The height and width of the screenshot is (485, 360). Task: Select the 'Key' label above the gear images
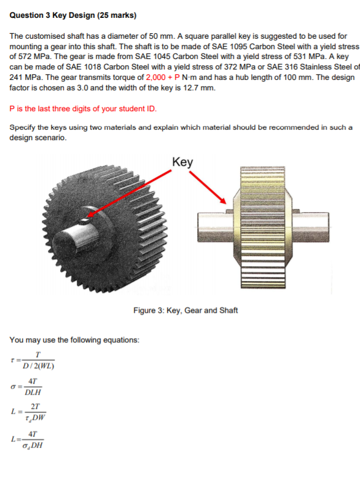point(183,162)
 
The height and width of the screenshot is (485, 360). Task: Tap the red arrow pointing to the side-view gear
point(206,184)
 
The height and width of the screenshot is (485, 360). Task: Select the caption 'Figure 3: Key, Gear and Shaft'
point(186,310)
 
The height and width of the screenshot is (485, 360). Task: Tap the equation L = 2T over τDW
point(31,411)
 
